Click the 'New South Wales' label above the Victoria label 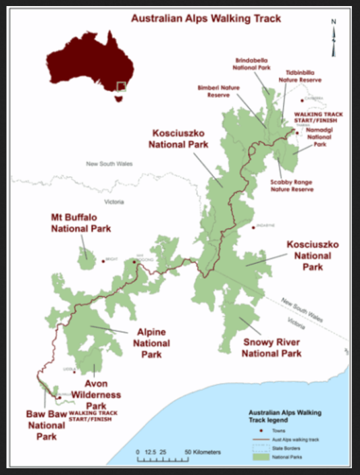(x=109, y=164)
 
